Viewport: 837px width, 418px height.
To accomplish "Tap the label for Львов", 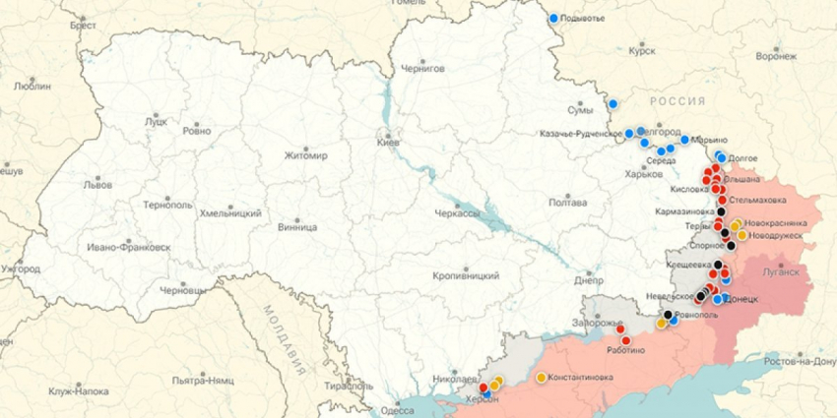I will (97, 184).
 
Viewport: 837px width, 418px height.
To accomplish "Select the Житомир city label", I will (284, 155).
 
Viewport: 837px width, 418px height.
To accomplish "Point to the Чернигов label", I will (423, 69).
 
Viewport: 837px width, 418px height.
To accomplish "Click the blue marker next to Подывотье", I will (553, 18).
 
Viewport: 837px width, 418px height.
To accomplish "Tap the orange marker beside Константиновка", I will (541, 377).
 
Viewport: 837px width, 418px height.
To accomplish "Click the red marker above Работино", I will (625, 340).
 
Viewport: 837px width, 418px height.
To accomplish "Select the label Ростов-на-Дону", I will (800, 361).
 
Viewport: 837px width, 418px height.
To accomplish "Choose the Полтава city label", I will (568, 203).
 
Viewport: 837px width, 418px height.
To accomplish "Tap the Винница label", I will (270, 226).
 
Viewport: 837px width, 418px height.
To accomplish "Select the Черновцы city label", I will (183, 290).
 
